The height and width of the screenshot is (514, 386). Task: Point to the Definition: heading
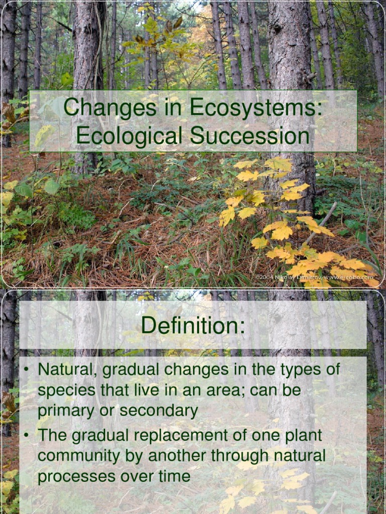coord(193,325)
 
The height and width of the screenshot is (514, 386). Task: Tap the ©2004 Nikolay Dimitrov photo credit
coord(317,277)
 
